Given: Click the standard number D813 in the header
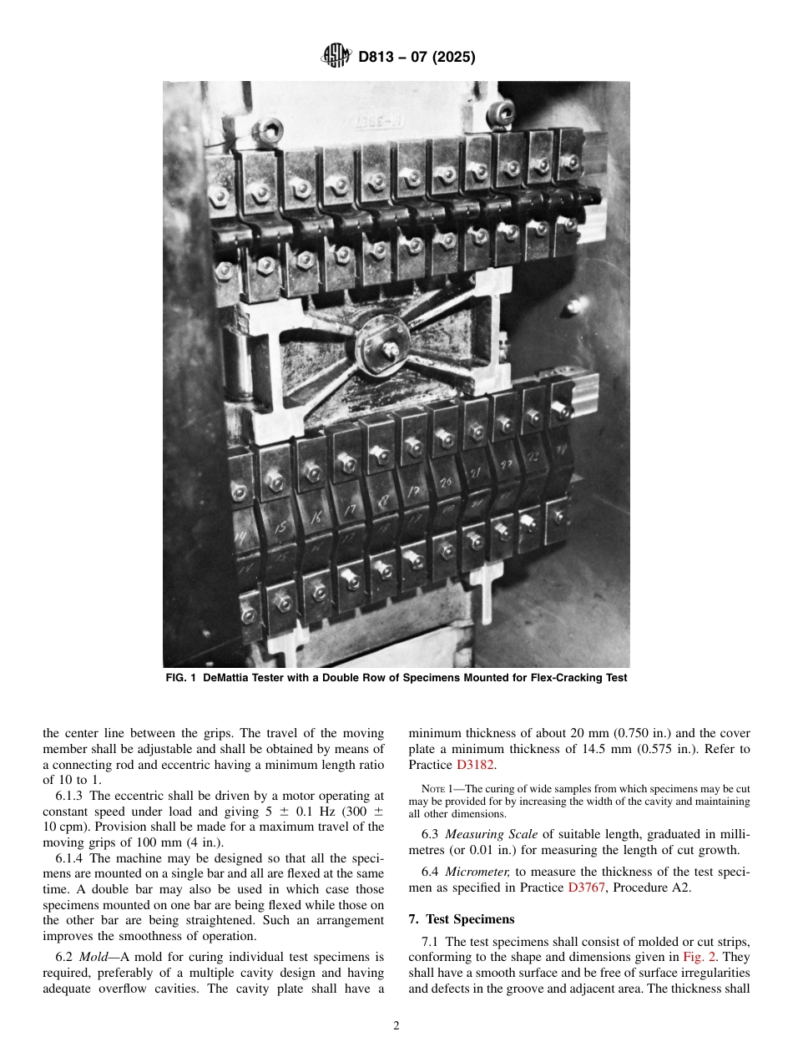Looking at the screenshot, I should pos(378,58).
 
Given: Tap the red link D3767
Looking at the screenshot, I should pos(588,888).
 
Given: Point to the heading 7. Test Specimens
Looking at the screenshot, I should pos(462,919).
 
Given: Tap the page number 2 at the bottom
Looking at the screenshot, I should pos(396,1026).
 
